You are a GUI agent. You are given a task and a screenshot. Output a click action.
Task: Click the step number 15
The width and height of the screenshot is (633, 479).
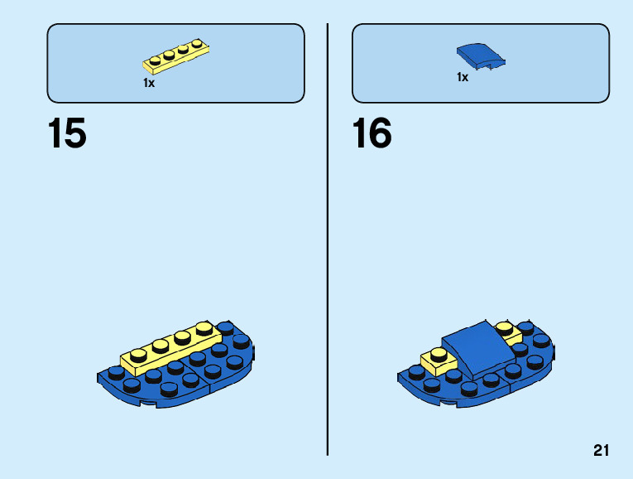click(x=67, y=134)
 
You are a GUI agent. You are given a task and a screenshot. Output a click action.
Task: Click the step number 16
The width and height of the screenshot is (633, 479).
click(x=372, y=134)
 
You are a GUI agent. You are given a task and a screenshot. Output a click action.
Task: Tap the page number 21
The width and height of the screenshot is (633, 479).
click(x=601, y=451)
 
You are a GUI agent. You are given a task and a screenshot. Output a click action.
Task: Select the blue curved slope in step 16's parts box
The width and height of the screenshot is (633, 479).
click(x=480, y=56)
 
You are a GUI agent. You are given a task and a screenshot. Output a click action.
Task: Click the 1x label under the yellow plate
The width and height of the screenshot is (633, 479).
click(x=149, y=83)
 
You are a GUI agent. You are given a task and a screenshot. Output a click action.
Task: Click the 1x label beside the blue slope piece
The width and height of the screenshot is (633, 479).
click(x=463, y=77)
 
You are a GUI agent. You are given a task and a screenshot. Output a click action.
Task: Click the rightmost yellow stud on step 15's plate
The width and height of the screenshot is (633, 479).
click(x=202, y=328)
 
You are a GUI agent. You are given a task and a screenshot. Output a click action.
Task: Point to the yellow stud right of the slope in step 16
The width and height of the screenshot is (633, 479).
click(x=504, y=328)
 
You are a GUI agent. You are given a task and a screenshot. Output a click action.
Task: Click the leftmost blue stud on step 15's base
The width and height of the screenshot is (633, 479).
click(x=116, y=373)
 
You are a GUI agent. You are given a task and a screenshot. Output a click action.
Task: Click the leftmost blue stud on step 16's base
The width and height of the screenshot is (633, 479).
click(x=416, y=373)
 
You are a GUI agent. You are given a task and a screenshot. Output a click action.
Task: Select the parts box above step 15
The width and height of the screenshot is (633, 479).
click(x=175, y=63)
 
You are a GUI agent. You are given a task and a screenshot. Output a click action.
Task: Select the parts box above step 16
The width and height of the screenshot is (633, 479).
click(x=481, y=63)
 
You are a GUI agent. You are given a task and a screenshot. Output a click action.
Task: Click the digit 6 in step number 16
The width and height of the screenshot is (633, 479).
click(x=381, y=134)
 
